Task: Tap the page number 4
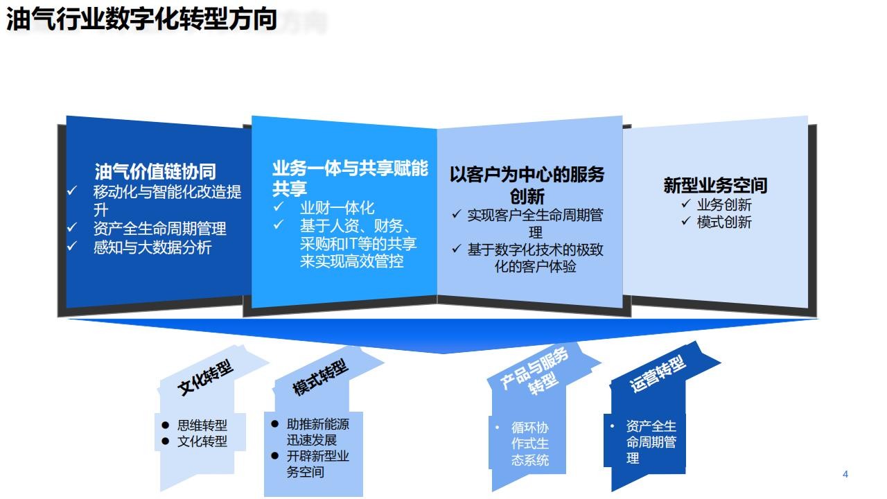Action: [845, 474]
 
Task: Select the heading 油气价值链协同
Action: [155, 171]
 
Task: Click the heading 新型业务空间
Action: [715, 185]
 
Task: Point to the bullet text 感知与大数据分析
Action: [152, 247]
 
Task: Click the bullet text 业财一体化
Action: [337, 207]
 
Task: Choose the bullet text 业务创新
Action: [724, 204]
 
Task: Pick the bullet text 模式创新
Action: [724, 222]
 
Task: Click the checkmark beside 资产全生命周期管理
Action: [71, 227]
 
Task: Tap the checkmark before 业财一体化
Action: [279, 207]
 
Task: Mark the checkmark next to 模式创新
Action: [686, 220]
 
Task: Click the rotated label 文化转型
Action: [205, 377]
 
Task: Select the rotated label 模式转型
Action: [320, 377]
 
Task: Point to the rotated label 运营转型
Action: [658, 374]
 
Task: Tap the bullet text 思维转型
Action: [202, 426]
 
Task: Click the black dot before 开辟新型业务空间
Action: [275, 456]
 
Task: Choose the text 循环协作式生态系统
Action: [530, 444]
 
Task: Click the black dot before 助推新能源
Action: [275, 423]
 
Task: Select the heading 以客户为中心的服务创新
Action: [527, 185]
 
